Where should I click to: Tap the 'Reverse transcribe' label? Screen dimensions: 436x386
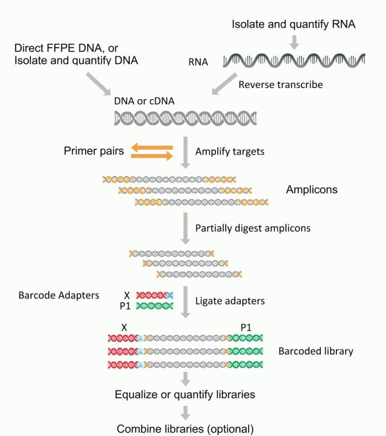(281, 85)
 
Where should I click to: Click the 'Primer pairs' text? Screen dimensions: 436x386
(93, 151)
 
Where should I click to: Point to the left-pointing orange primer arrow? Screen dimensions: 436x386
(152, 147)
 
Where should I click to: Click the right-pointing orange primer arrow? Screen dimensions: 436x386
(152, 156)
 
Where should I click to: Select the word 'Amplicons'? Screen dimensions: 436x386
(312, 190)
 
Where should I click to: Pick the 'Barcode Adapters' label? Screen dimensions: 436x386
(59, 295)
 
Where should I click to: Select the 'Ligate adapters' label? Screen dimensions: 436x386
(230, 301)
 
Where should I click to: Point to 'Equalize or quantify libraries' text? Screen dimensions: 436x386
(185, 395)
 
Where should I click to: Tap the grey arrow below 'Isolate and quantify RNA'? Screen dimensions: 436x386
(295, 42)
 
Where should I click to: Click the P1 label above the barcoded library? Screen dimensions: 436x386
(246, 327)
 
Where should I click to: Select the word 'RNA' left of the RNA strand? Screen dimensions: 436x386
(198, 62)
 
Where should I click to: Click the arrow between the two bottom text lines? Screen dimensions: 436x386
(185, 412)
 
